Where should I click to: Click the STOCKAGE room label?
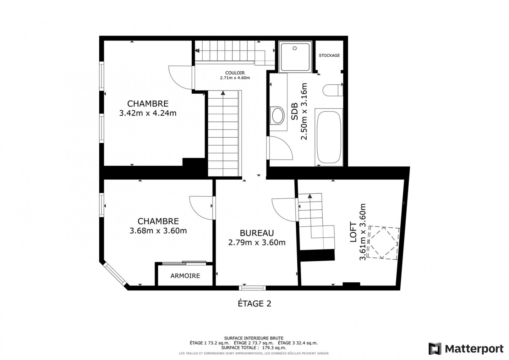coord(329,55)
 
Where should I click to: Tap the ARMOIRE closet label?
coord(185,276)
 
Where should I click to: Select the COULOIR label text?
coord(235,73)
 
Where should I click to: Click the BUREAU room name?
coord(257,233)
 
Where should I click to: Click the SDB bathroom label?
coord(294,111)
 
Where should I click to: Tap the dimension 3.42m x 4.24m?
coord(148,113)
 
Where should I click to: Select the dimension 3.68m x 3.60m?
coord(158,230)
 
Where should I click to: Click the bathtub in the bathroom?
coord(329,137)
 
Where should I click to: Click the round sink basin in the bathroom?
coord(277,115)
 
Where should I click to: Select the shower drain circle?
coord(295,48)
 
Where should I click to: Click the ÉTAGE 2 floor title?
coord(255,304)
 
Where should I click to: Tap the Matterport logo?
coord(466,348)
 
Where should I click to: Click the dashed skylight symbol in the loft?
coord(383,243)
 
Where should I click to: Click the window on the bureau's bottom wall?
coord(252,288)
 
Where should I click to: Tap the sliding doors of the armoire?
coord(184,263)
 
